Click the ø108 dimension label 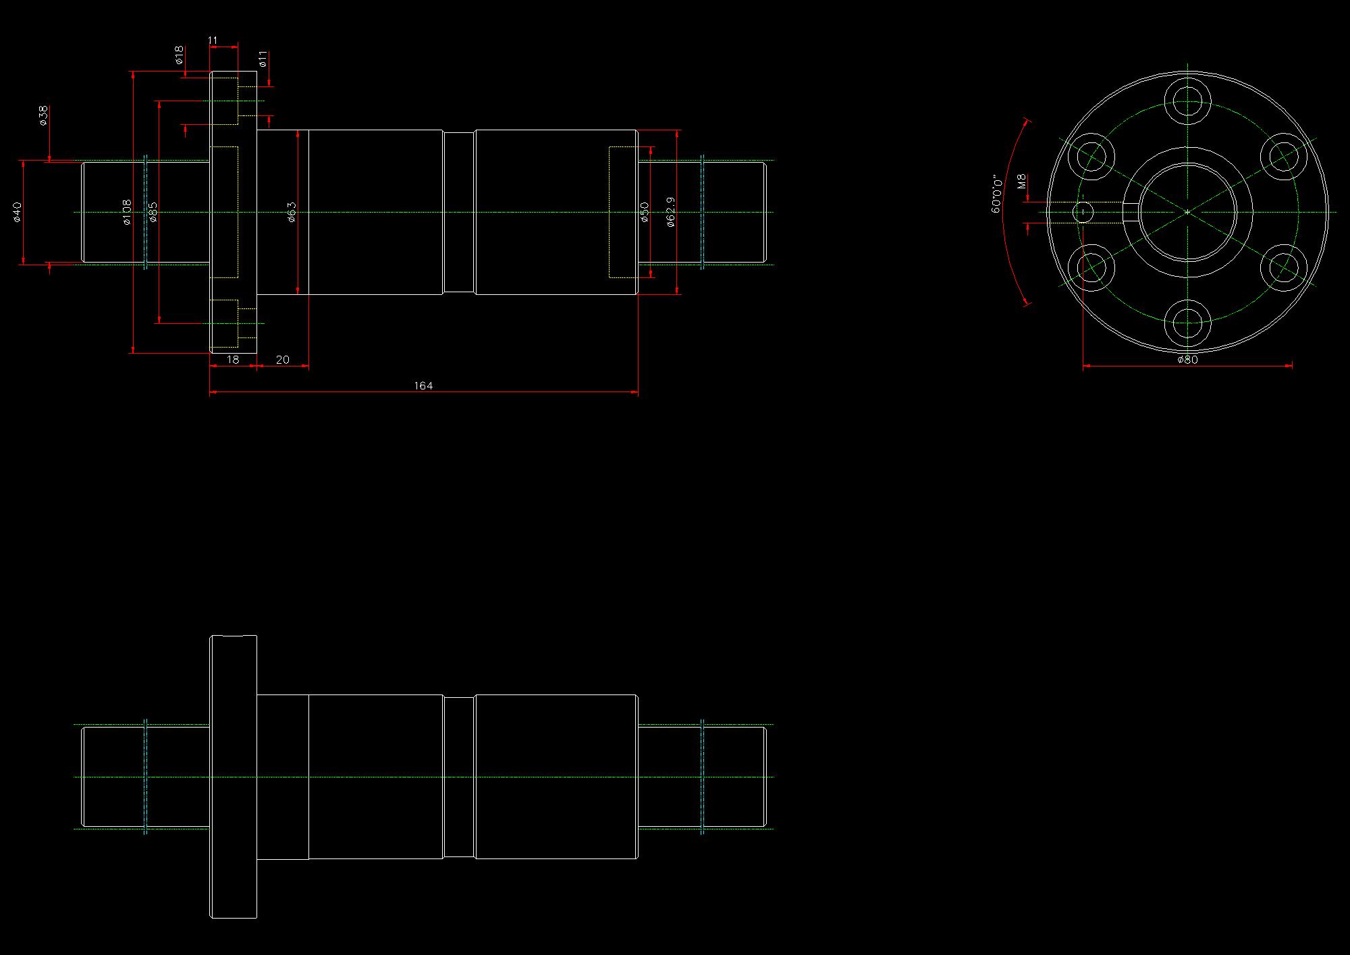126,212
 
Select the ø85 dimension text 153,212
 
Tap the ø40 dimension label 18,212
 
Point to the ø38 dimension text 43,115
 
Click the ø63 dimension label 292,212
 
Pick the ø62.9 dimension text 670,212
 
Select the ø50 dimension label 645,212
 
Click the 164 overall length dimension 423,386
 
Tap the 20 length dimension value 283,360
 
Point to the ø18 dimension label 179,55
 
